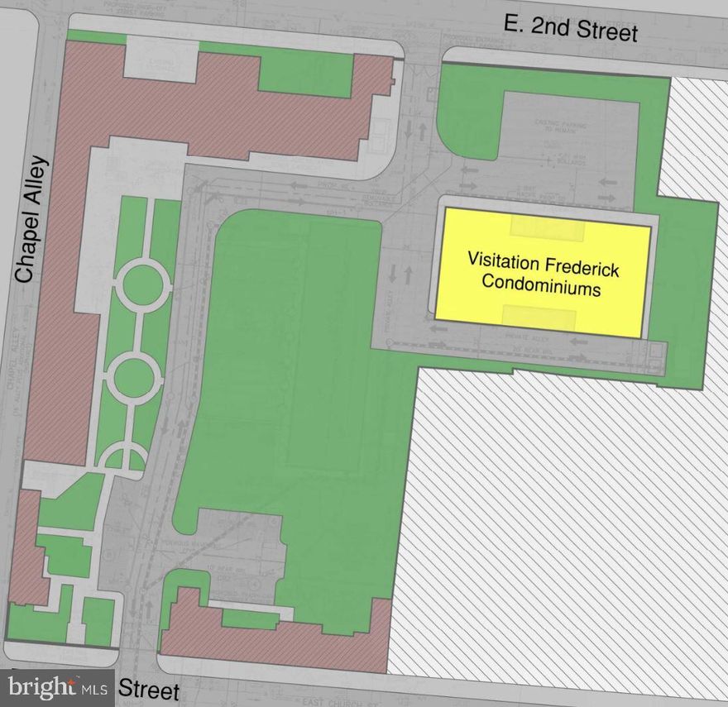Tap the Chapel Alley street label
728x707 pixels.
[x=32, y=218]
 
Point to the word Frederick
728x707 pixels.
[x=581, y=267]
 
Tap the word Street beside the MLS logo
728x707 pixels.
[x=150, y=689]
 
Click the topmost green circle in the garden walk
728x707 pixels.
[x=142, y=284]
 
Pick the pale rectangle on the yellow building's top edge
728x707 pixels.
[x=547, y=227]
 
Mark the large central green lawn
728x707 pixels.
[x=290, y=372]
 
